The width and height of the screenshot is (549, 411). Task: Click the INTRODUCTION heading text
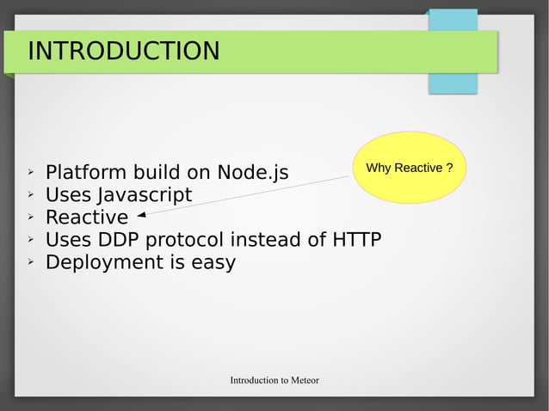click(x=123, y=52)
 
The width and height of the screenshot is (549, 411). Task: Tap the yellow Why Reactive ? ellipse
click(x=410, y=168)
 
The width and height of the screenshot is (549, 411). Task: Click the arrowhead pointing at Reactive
click(x=140, y=216)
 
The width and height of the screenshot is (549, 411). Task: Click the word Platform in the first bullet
click(x=84, y=173)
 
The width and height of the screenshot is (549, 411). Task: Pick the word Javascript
click(x=144, y=195)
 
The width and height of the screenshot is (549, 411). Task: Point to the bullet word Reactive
click(x=86, y=218)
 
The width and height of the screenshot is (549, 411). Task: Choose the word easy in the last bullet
click(x=213, y=263)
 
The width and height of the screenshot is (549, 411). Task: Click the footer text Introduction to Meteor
click(x=274, y=380)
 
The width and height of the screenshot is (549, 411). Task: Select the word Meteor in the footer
click(x=304, y=380)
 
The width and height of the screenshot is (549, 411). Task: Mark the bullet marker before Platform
click(x=30, y=172)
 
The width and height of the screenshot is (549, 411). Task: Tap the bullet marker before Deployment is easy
click(x=30, y=261)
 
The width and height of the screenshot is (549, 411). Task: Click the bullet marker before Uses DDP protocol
click(x=30, y=239)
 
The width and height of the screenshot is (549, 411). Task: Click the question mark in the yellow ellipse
click(x=450, y=168)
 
